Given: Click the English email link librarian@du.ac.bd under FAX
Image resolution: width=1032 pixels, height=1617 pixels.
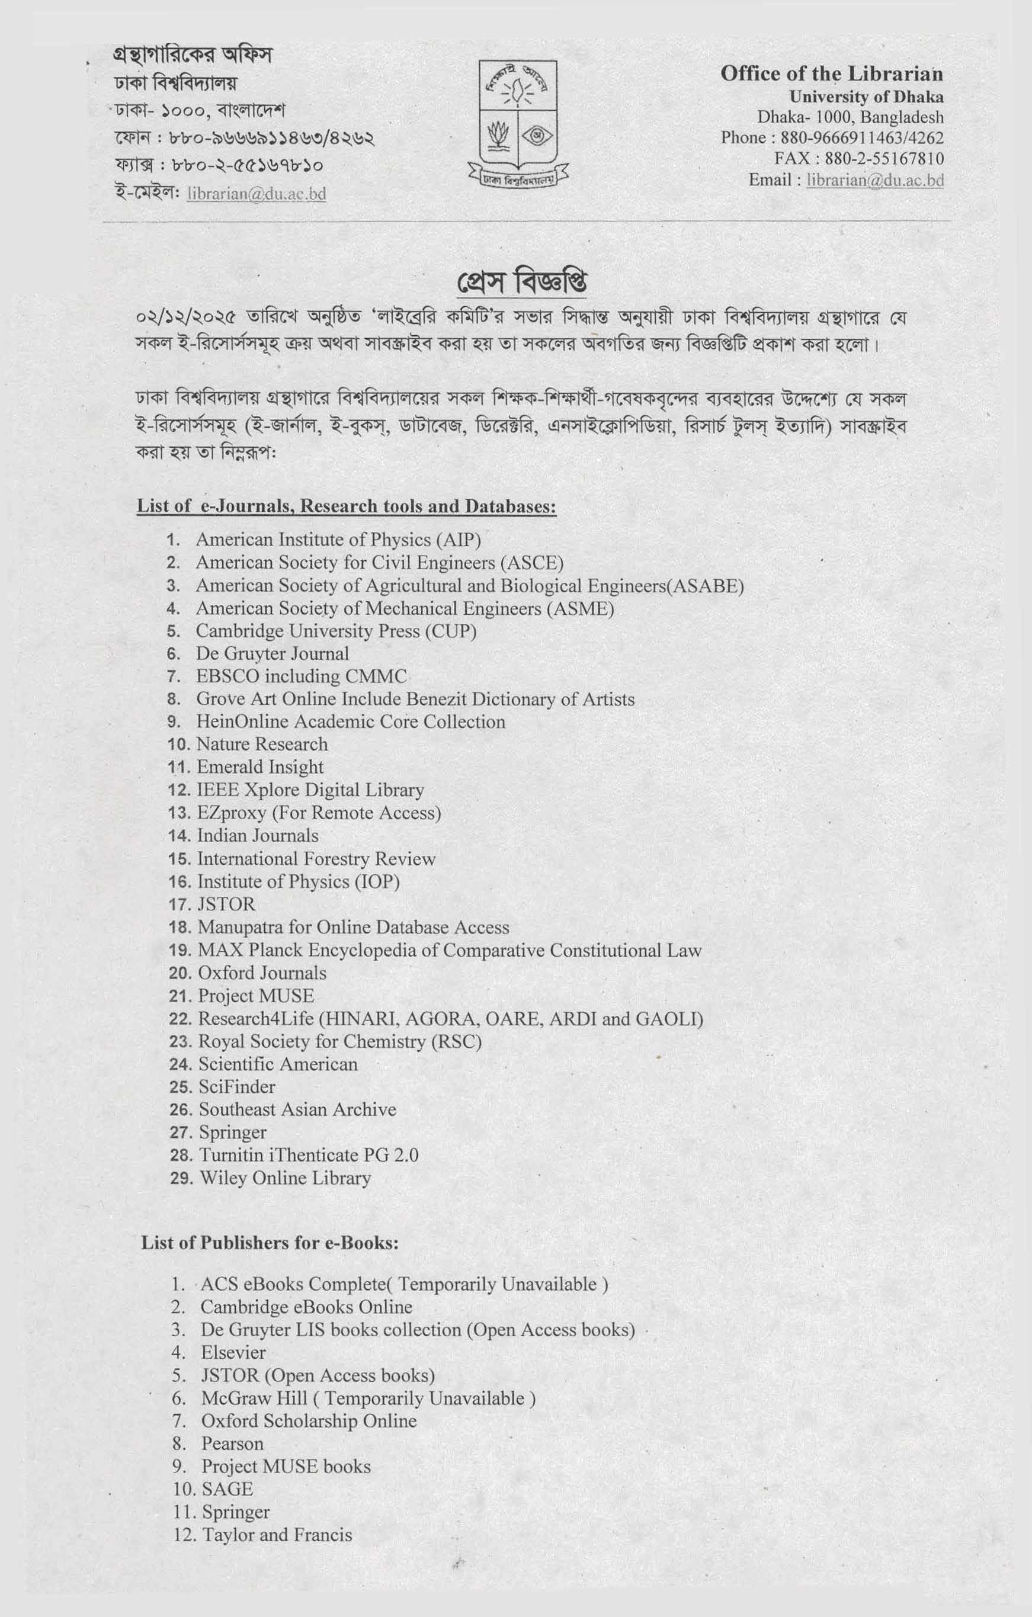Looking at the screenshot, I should [875, 180].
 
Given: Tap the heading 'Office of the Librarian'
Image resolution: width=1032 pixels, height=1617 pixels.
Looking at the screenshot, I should [831, 74].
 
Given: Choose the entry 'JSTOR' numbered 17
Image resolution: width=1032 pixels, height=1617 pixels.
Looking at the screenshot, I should [226, 904].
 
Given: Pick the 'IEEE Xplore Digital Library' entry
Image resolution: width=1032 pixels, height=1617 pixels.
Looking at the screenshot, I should [310, 790].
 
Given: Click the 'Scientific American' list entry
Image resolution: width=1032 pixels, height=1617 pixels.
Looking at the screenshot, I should [278, 1064].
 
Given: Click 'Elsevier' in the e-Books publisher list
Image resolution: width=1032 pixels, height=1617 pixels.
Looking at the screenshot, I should [233, 1352].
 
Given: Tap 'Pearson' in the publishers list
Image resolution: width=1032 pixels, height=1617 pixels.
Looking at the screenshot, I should [232, 1444].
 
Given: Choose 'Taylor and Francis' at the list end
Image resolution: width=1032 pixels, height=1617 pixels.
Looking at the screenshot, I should [277, 1535].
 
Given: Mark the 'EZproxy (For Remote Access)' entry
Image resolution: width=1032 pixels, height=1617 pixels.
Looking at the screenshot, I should [319, 813].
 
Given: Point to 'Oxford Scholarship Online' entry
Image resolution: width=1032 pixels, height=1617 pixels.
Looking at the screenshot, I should [309, 1421].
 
